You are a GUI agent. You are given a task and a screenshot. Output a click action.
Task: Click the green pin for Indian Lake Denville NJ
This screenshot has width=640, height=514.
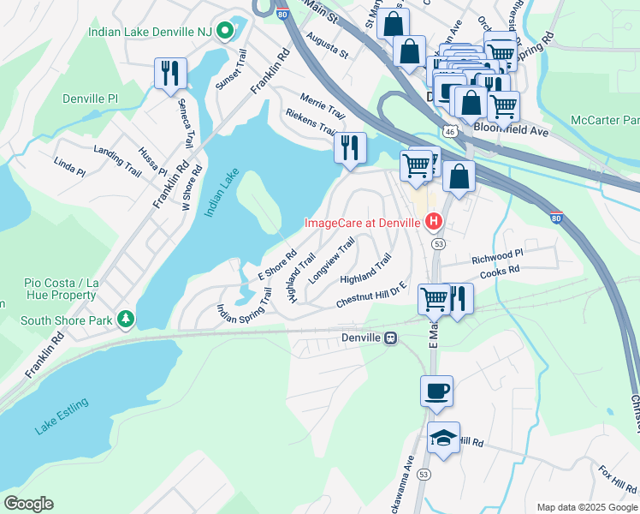[x=226, y=32]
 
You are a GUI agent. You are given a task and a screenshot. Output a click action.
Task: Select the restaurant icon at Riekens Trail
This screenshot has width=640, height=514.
[x=350, y=147]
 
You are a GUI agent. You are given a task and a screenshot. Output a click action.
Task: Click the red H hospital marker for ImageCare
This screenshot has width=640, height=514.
[x=434, y=223]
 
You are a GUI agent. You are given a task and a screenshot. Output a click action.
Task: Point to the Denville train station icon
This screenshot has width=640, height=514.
[x=391, y=338]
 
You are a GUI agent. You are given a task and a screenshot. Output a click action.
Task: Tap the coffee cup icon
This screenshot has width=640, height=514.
[x=436, y=391]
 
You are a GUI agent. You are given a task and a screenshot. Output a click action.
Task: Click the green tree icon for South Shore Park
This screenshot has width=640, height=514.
[x=127, y=319]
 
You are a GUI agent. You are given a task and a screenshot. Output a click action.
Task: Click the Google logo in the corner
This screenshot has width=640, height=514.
[x=28, y=504]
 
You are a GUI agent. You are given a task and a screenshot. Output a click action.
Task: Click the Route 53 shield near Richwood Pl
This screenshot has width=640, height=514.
[x=438, y=244]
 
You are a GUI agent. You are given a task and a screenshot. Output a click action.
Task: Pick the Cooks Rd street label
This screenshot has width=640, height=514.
[x=500, y=270]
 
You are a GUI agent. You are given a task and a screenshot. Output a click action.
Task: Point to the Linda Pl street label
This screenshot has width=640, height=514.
[x=69, y=166]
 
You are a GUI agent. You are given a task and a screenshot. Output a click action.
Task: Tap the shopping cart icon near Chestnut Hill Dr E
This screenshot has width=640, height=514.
[x=434, y=298]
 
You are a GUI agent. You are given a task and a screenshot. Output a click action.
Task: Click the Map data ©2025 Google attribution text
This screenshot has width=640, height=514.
[x=586, y=507]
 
